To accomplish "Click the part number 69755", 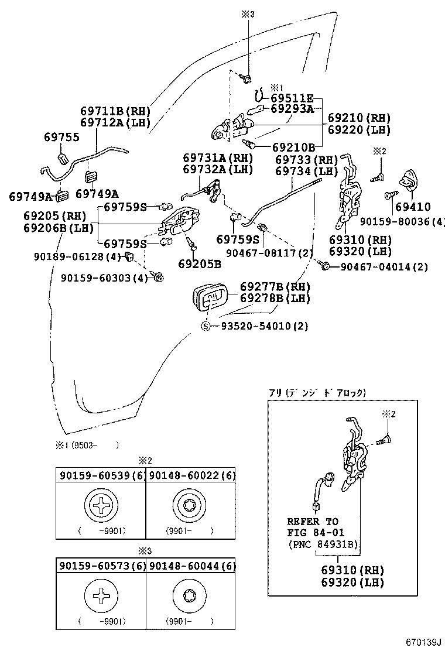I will click(62, 137).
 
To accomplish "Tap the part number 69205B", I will click(200, 263).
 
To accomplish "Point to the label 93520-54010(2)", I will click(264, 326).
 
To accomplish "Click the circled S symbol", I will click(206, 326).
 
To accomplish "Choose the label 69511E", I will click(292, 98).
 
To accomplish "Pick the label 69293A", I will click(292, 108).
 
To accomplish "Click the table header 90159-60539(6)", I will click(100, 475).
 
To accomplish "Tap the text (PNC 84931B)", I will click(323, 544).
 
